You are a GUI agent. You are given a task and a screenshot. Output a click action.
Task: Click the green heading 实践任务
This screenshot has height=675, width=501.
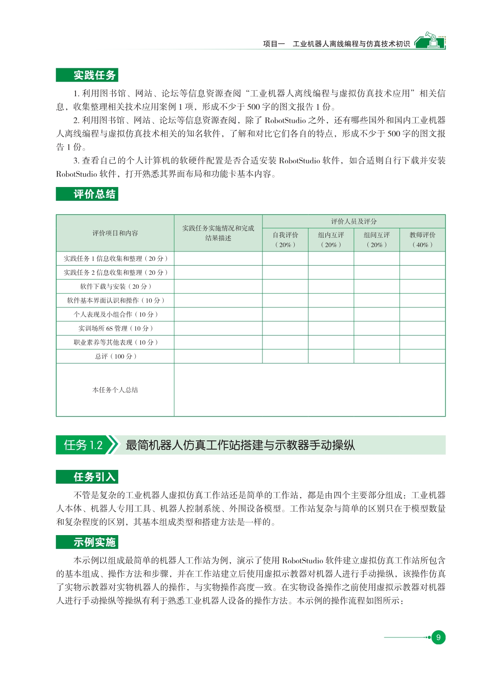pos(87,75)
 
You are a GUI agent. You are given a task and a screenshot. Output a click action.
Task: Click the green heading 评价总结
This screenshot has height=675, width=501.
pos(87,194)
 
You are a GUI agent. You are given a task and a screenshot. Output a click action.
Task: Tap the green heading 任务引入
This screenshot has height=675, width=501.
pos(87,477)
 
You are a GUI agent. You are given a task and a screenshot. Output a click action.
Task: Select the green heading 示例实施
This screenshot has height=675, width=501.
pos(87,542)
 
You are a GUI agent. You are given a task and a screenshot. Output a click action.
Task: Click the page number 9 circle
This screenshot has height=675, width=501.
pos(438,637)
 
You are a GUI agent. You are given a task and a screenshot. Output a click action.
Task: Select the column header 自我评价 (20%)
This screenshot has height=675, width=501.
pos(285,240)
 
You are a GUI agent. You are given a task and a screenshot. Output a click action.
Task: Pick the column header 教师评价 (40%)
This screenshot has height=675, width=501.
pos(422,240)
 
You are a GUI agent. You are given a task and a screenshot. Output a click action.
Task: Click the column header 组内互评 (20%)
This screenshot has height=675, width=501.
pos(331,240)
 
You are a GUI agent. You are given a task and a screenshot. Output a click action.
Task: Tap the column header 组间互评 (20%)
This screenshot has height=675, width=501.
pos(377,240)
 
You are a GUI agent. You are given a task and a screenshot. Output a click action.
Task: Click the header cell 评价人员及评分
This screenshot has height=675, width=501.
pos(354,222)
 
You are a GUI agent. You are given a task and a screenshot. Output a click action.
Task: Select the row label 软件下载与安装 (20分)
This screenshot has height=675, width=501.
pos(115,286)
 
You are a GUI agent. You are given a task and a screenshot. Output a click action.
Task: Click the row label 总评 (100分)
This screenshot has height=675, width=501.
pos(115,356)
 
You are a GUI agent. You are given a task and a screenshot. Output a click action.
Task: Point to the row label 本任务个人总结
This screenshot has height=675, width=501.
pos(115,390)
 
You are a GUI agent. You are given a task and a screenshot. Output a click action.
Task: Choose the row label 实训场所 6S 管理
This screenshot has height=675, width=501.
pos(115,328)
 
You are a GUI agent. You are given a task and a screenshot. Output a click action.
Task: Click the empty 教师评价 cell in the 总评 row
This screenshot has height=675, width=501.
pos(422,356)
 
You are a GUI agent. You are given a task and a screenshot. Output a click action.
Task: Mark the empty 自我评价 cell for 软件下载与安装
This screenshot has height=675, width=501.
pos(285,286)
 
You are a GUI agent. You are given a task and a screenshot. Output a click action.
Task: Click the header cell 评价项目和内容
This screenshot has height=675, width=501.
pos(115,233)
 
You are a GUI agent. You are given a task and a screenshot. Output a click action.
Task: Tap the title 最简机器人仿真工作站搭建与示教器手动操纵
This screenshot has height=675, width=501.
pos(240,445)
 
